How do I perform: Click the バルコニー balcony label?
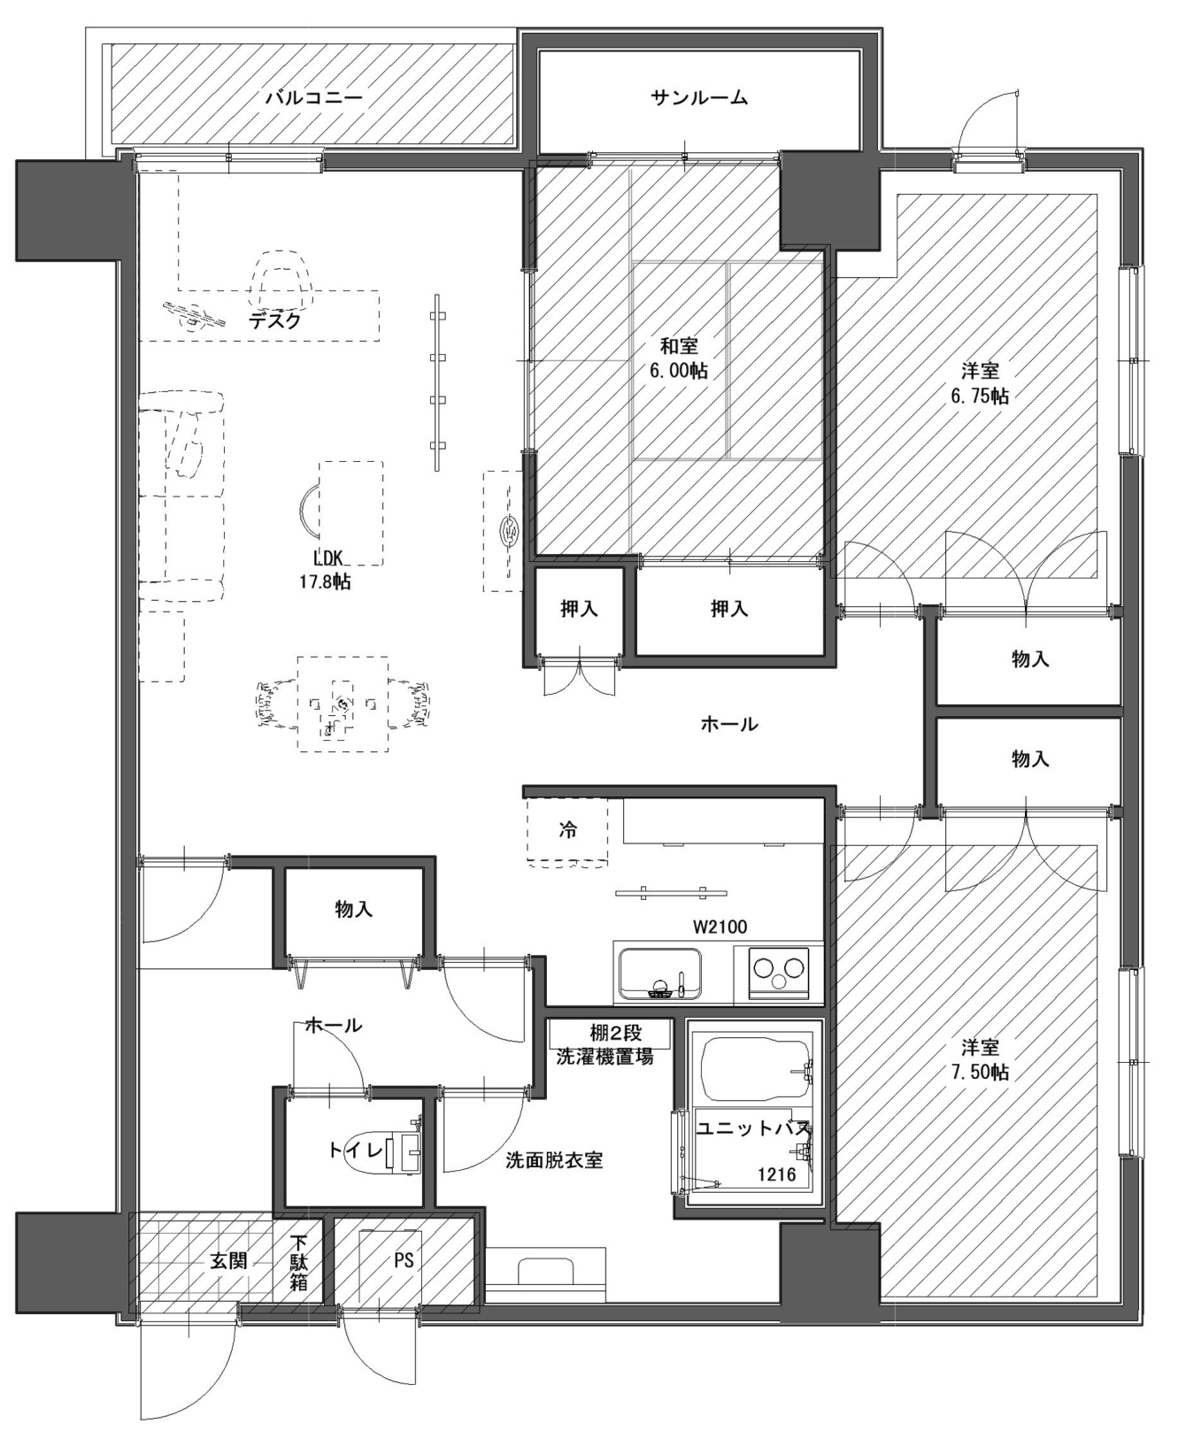point(314,97)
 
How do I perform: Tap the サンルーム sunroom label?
point(699,97)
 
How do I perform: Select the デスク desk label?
point(275,320)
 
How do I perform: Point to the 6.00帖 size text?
point(679,371)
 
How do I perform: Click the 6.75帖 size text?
point(980,396)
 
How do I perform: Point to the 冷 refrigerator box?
point(567,831)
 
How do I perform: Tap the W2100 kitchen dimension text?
point(720,927)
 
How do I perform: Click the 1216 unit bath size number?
point(776,1175)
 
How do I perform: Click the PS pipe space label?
point(404,1260)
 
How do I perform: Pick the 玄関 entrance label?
point(228,1260)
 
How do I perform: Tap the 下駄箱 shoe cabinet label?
point(298,1260)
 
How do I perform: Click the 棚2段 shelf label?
point(616,1033)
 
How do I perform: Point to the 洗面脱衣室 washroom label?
point(555,1160)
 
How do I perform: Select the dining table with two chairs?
point(343,704)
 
